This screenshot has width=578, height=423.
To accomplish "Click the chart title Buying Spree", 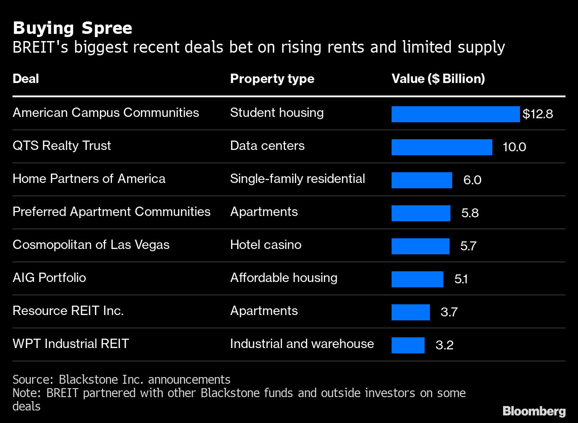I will tap(72, 28).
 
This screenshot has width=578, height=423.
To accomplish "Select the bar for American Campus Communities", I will tap(455, 114).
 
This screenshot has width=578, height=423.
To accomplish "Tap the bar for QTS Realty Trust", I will tap(442, 147).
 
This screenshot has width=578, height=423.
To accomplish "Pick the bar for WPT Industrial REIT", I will tap(408, 345).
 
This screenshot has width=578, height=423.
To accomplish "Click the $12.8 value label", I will tap(537, 114).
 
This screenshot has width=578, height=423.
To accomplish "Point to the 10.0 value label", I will tap(514, 147).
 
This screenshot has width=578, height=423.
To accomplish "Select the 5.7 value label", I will tap(468, 246).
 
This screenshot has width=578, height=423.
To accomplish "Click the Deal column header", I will tap(26, 79).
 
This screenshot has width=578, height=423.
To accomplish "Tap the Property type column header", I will tap(272, 79).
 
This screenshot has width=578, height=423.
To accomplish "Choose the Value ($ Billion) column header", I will tap(438, 79).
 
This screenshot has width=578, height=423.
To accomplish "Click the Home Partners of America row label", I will tap(89, 179).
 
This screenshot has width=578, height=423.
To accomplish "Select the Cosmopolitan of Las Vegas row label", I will tap(91, 245).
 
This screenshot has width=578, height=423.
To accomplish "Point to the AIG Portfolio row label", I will tap(49, 278).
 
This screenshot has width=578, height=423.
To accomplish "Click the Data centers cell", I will tap(267, 146).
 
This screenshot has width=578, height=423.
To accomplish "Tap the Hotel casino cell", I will tap(265, 245).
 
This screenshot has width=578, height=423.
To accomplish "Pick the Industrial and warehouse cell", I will tap(302, 344).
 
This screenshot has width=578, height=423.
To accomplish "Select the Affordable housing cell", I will tap(284, 278).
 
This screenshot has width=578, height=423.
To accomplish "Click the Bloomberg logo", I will tap(534, 411).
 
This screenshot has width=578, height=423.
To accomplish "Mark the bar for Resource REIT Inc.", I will tap(410, 312).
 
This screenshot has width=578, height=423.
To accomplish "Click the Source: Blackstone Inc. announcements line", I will tap(121, 380).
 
